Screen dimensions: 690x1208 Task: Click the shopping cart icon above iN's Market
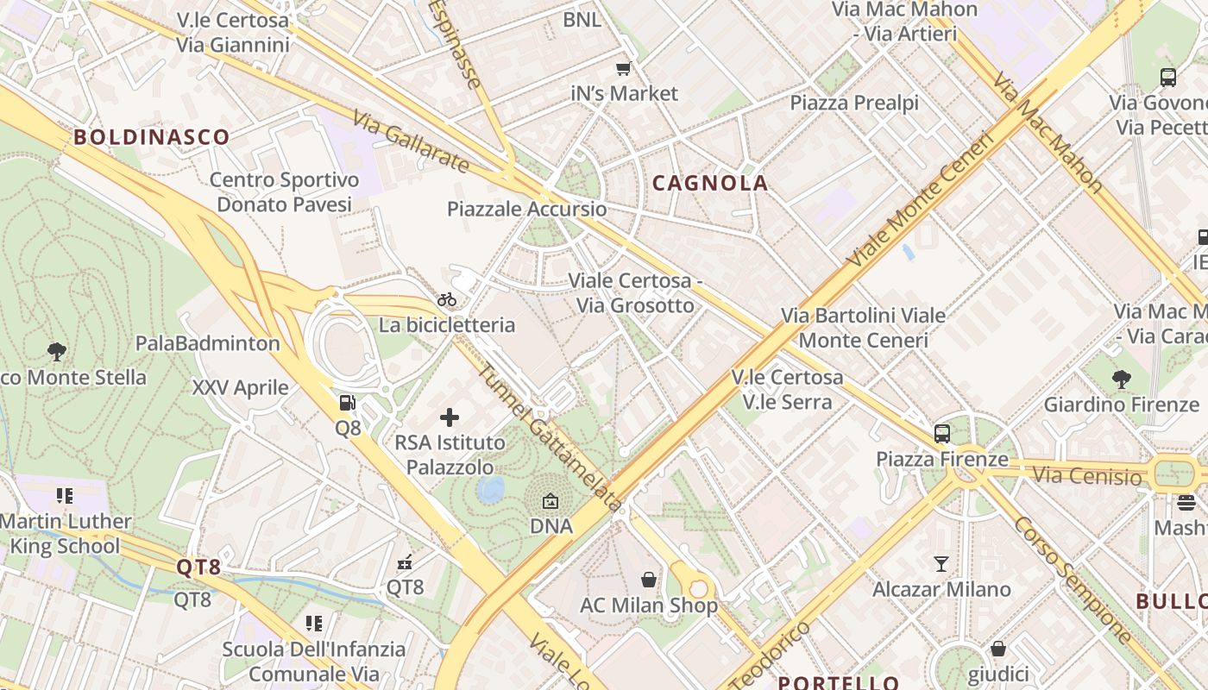coord(623,68)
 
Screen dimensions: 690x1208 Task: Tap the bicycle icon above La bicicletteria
coord(447,299)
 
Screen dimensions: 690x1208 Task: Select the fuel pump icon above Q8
coord(347,402)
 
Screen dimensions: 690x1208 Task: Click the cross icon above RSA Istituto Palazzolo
coord(450,417)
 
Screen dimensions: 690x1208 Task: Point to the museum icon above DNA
coord(551,501)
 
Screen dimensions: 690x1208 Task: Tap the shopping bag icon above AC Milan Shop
coord(648,580)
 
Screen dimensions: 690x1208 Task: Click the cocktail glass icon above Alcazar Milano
coord(941,564)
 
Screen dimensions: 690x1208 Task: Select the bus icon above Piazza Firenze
coord(942,434)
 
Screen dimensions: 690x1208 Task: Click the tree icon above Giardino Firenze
coord(1121,379)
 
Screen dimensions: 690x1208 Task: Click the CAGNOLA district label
coord(709,183)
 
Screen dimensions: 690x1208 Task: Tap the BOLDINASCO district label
coord(152,136)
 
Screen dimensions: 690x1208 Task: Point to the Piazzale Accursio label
coord(526,209)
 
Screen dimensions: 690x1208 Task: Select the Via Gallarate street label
coord(412,141)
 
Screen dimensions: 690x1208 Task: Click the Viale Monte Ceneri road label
coord(921,198)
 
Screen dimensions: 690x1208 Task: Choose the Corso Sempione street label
coord(1072,580)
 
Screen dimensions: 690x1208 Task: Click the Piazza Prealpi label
coord(854,103)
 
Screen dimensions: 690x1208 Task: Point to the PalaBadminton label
coord(208,343)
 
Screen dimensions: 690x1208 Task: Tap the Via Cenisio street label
coord(1086,475)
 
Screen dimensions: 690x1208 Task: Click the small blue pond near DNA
coord(491,489)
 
